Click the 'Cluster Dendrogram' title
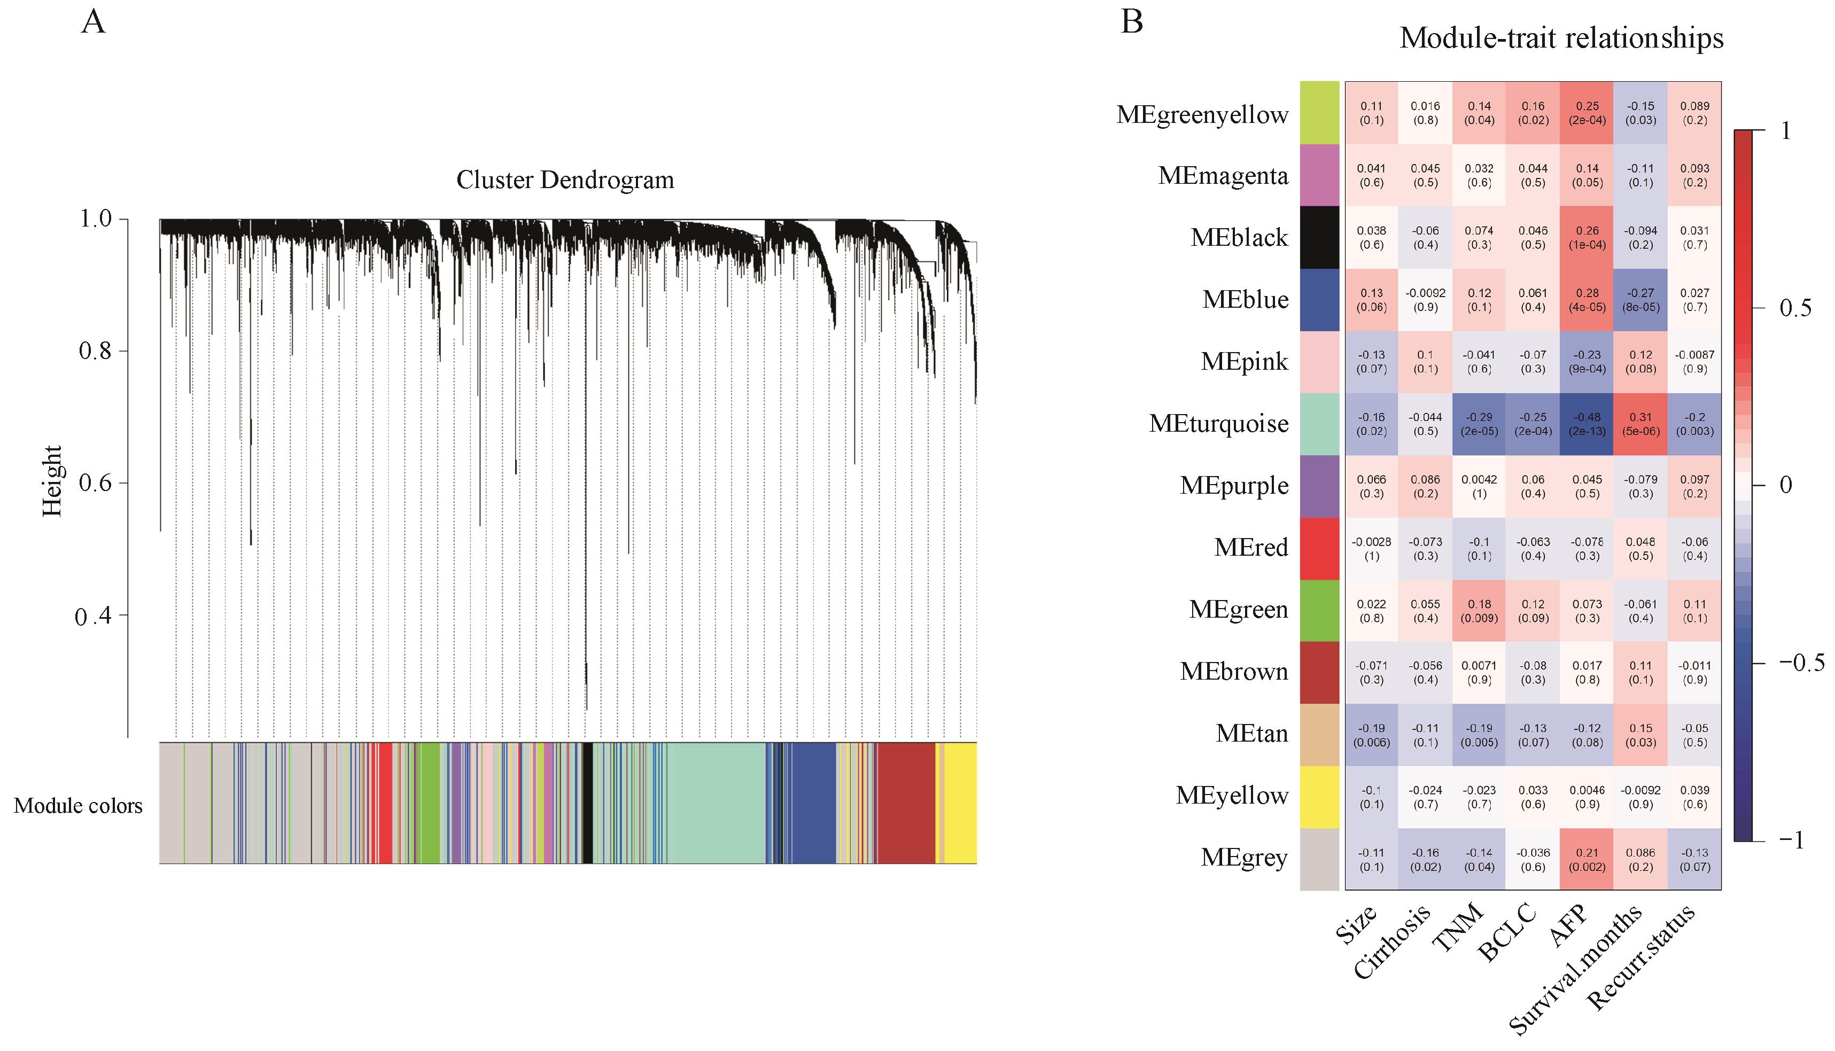(x=565, y=180)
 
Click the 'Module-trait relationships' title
(x=1561, y=37)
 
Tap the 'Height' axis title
(x=52, y=481)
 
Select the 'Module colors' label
(x=78, y=806)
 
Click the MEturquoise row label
(x=1218, y=424)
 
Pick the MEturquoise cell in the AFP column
(x=1587, y=424)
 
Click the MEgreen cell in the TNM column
(x=1479, y=611)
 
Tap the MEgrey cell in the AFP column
(x=1587, y=860)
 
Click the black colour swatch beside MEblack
(x=1319, y=237)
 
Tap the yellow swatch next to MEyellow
(x=1319, y=797)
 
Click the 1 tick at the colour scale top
(x=1786, y=131)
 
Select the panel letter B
(x=1131, y=22)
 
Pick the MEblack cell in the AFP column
(x=1587, y=237)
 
